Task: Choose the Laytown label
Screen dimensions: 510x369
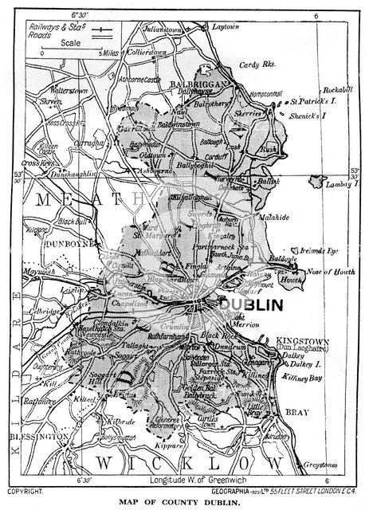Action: (x=228, y=26)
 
